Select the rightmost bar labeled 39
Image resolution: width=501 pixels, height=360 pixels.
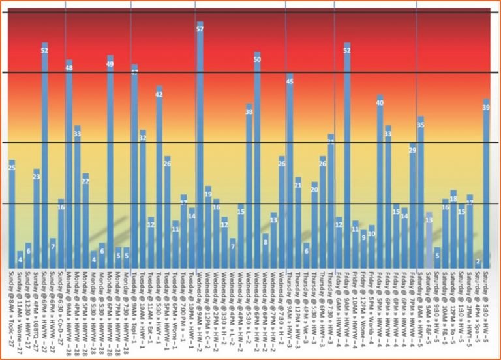(486, 183)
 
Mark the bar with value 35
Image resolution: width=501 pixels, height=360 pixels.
(421, 189)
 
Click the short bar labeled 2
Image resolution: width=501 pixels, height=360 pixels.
(478, 263)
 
